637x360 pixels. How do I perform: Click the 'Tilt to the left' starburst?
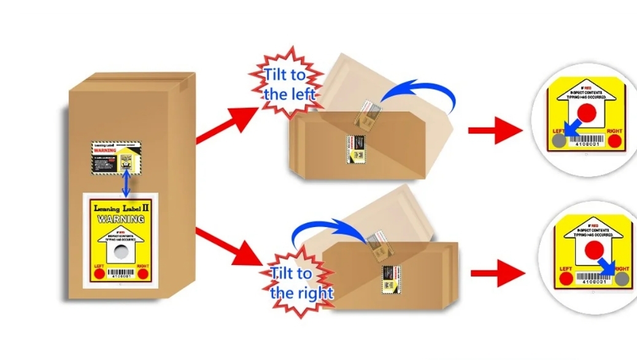[286, 85]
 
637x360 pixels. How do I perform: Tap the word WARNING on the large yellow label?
[121, 219]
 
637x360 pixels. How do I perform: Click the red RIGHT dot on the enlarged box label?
[142, 274]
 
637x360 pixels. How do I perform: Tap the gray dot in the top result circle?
[558, 142]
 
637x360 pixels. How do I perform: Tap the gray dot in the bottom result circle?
[622, 279]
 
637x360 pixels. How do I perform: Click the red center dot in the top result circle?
[587, 112]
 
